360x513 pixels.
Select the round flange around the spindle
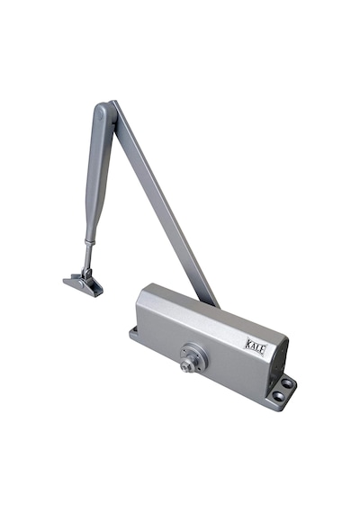[194, 356]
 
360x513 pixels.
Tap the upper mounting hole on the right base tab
[287, 382]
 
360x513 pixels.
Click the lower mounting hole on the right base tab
[279, 397]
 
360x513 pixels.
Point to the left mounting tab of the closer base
[133, 333]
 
